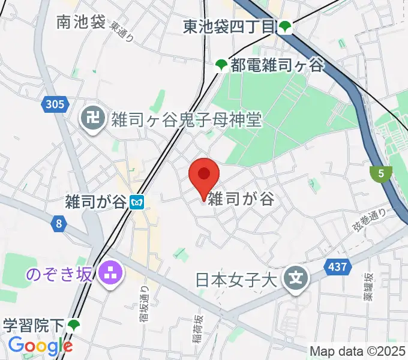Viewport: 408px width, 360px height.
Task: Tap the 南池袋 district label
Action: (x=81, y=22)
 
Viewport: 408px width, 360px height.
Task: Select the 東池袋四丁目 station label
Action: (x=230, y=26)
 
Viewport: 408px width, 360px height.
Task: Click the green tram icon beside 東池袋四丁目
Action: (x=285, y=26)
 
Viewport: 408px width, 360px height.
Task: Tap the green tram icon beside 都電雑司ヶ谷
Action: (x=221, y=65)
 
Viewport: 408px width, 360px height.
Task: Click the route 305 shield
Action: (x=53, y=105)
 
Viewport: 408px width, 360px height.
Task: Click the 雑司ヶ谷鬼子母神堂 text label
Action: (x=186, y=119)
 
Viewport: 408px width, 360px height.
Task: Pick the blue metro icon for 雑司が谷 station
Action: (x=137, y=202)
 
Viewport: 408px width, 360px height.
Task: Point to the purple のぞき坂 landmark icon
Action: (x=111, y=274)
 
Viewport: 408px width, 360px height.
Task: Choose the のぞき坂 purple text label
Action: (x=58, y=274)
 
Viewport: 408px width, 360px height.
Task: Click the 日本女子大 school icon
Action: (x=296, y=278)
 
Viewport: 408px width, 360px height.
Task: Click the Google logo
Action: (x=40, y=346)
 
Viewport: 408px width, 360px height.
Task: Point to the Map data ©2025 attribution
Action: (x=358, y=350)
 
